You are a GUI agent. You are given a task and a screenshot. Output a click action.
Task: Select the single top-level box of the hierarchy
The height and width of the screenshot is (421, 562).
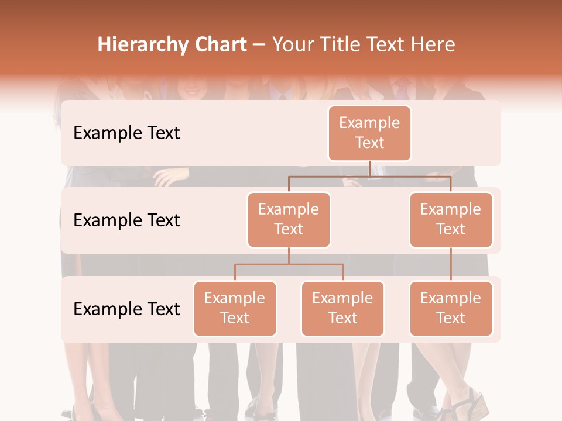[369, 133]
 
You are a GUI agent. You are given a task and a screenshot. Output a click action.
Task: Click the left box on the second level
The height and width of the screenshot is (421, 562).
[289, 219]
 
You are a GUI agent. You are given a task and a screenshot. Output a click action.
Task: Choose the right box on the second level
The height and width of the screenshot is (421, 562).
[451, 219]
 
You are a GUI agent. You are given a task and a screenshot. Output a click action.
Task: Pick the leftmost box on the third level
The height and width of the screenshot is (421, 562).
[235, 308]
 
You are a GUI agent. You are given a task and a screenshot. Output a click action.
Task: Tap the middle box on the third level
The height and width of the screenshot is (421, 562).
[342, 308]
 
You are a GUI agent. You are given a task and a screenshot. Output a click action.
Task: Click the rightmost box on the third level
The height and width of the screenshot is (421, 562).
[451, 308]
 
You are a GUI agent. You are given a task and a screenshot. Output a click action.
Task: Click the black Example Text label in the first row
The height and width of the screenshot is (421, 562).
[126, 133]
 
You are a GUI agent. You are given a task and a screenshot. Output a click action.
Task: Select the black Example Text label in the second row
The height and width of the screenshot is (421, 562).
[126, 220]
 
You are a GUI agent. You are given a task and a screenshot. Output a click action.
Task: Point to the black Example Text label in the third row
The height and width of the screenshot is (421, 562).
[126, 309]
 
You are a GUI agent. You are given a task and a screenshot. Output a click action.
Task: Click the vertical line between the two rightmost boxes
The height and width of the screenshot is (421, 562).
[451, 264]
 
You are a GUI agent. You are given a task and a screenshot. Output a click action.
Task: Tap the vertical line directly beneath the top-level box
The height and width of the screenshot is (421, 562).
[369, 168]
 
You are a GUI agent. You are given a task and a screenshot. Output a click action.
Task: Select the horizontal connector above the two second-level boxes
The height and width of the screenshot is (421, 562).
[369, 176]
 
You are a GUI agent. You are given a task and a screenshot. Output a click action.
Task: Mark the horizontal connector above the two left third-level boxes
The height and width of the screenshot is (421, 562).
[289, 264]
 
